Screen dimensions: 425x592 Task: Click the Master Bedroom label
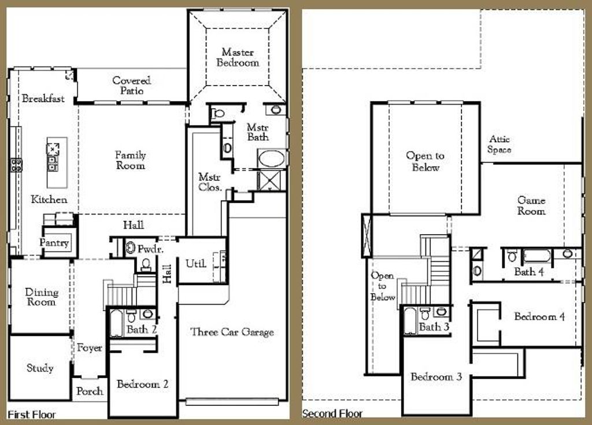click(x=238, y=57)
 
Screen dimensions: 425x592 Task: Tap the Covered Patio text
click(x=132, y=86)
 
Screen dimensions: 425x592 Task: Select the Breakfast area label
click(x=43, y=99)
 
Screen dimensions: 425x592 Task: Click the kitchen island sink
click(x=53, y=148)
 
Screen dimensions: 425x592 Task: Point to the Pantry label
click(x=54, y=243)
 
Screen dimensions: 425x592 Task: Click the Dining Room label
click(x=42, y=297)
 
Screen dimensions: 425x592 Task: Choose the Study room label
click(x=40, y=368)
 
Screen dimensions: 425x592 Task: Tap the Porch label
click(x=90, y=391)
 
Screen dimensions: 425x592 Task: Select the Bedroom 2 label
click(x=143, y=384)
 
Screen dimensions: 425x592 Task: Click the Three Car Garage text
click(x=232, y=332)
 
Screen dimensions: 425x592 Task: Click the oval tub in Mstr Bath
click(x=271, y=158)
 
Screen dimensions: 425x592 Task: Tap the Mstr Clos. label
click(x=210, y=182)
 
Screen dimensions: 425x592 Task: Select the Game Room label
click(x=531, y=206)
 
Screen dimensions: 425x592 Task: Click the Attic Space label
click(x=499, y=144)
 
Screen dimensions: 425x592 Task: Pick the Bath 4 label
click(x=529, y=271)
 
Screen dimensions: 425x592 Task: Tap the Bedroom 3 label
click(x=436, y=377)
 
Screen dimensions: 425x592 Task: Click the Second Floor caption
click(x=332, y=413)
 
